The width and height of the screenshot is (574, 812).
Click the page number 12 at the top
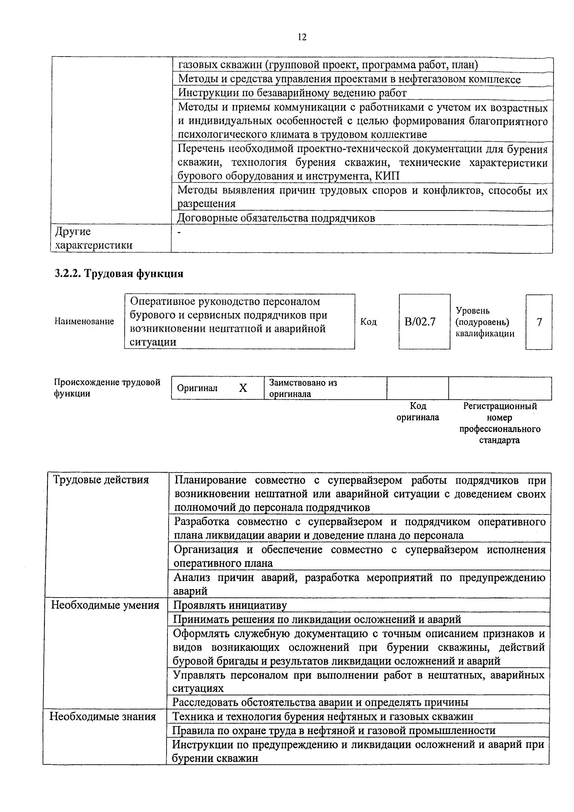pyautogui.click(x=302, y=37)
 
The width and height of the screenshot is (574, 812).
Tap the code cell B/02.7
pyautogui.click(x=424, y=322)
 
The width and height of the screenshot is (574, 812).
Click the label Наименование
pyautogui.click(x=84, y=322)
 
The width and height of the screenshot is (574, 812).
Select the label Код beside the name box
pyautogui.click(x=368, y=322)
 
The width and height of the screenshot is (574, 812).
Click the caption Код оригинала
pyautogui.click(x=417, y=412)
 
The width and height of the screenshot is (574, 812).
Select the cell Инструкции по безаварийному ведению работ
pyautogui.click(x=292, y=93)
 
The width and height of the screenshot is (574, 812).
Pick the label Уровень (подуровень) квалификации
pyautogui.click(x=484, y=322)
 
